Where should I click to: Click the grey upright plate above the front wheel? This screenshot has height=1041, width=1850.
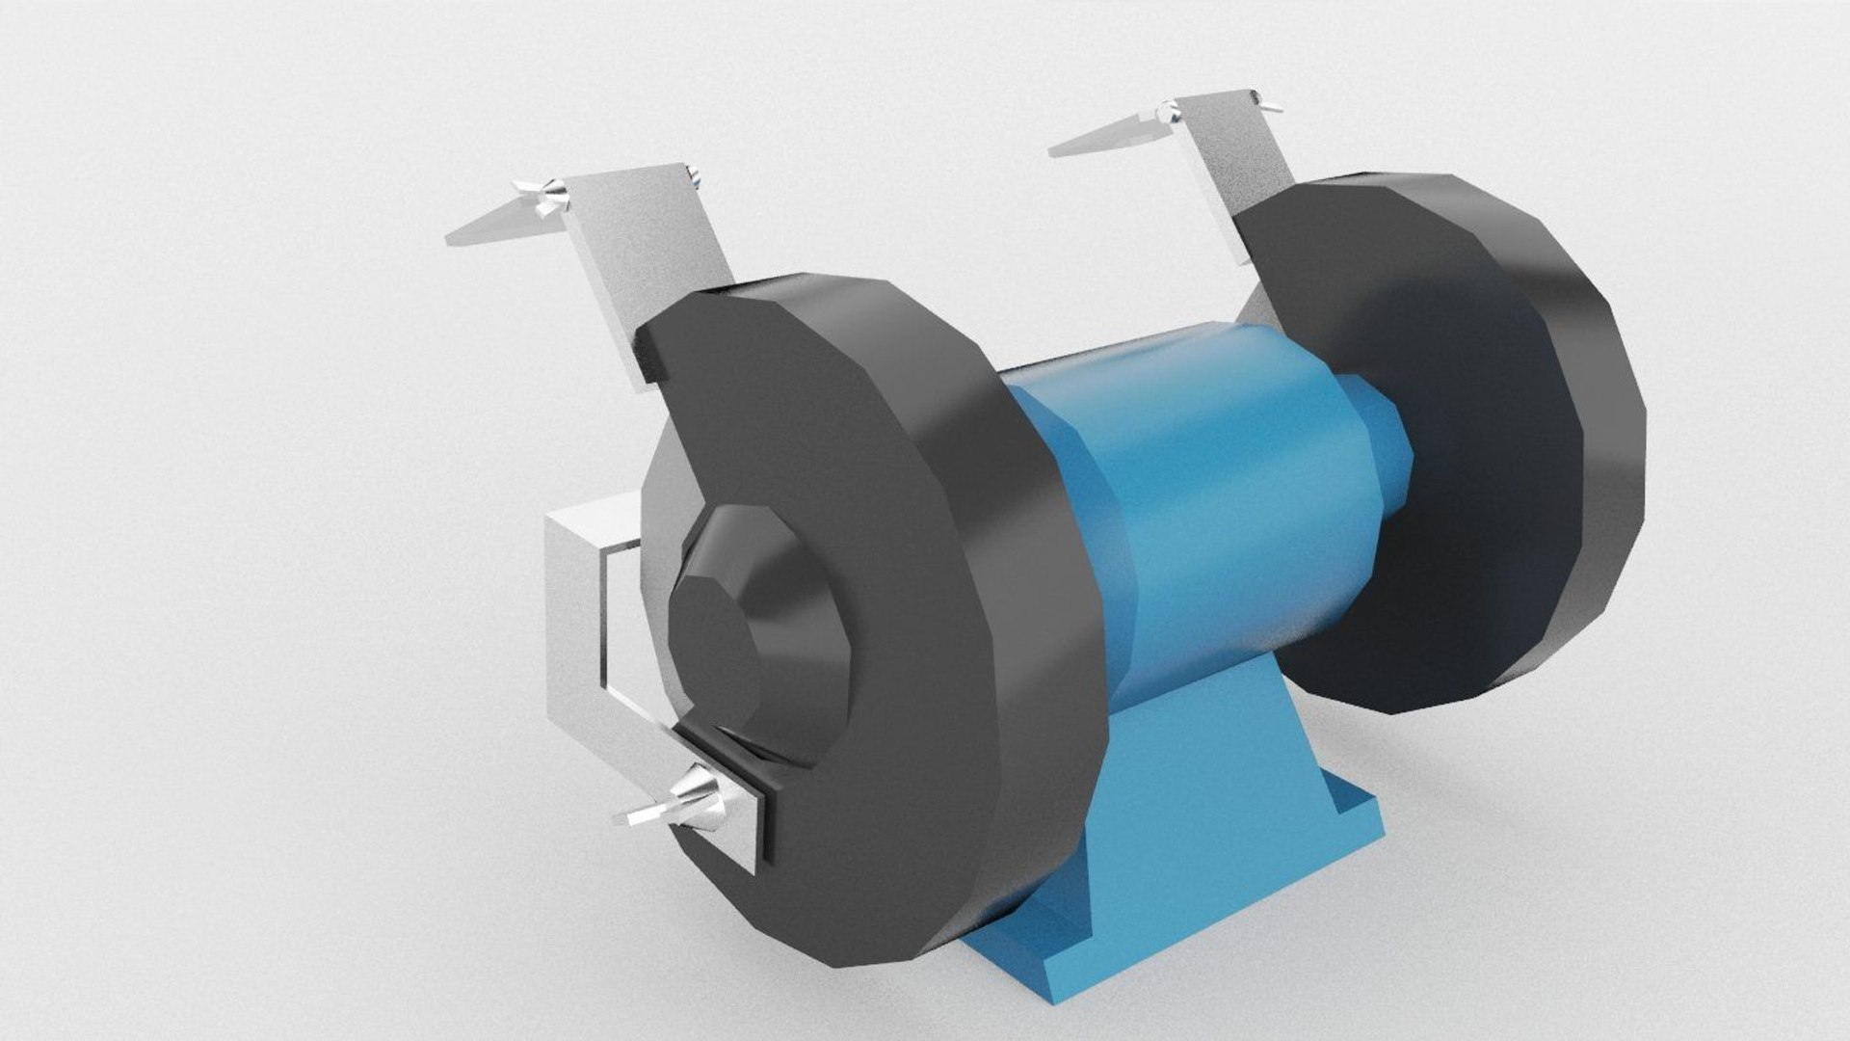[x=655, y=251]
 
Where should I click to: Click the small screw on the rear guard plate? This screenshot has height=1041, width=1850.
[x=1264, y=96]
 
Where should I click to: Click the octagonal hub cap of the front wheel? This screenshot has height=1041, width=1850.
[x=718, y=636]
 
